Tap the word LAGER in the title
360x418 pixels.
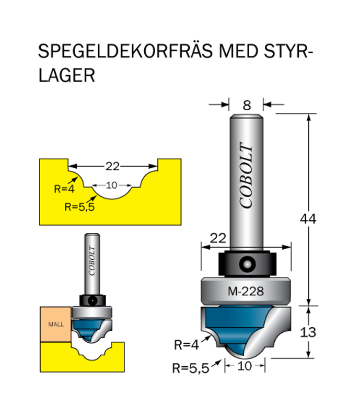(x=66, y=76)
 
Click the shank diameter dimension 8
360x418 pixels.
(x=246, y=104)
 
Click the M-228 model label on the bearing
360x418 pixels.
(x=246, y=292)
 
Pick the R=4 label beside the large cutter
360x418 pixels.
(x=187, y=344)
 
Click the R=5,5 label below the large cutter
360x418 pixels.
(x=190, y=368)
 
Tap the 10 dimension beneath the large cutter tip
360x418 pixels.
(x=245, y=366)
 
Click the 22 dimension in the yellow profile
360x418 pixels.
(x=112, y=167)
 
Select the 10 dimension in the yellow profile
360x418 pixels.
(x=111, y=185)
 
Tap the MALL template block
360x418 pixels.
(x=55, y=324)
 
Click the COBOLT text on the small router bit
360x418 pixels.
(x=92, y=261)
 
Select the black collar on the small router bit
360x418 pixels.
(x=92, y=300)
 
